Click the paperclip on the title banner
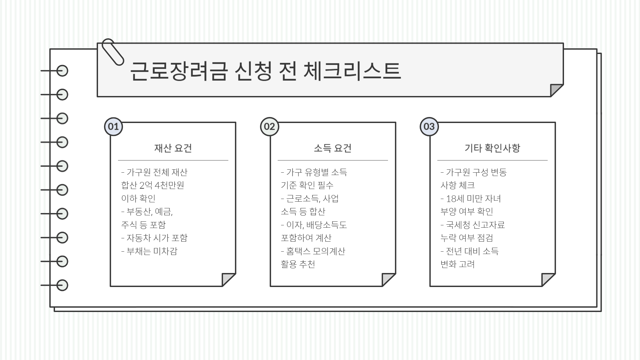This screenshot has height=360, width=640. pos(112,52)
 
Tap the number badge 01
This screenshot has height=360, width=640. pos(113,127)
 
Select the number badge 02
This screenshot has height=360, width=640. pos(269,127)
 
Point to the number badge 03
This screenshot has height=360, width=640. pos(429,127)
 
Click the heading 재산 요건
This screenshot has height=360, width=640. pos(173,148)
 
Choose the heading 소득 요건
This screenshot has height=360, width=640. pos(333,148)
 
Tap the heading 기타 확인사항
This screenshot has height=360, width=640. pos(492,148)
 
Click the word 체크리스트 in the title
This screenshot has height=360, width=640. pos(352,71)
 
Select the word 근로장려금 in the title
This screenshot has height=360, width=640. pos(179,71)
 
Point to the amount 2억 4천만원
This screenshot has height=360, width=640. pos(162,185)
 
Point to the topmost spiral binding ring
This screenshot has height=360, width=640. pos(62,71)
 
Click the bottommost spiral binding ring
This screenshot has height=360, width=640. pos(62,285)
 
